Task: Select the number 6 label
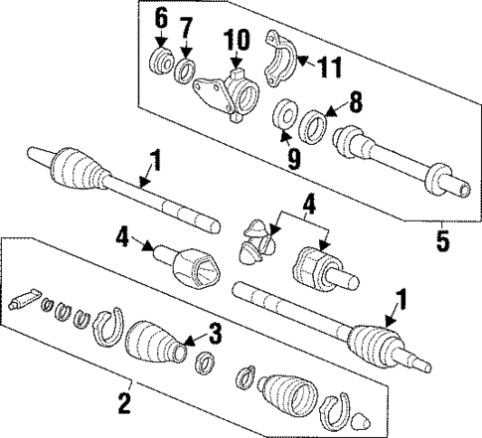(x=160, y=19)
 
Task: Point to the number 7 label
(x=185, y=23)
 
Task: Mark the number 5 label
(x=441, y=238)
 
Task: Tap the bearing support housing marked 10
(x=228, y=95)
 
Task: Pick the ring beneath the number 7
(x=185, y=72)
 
